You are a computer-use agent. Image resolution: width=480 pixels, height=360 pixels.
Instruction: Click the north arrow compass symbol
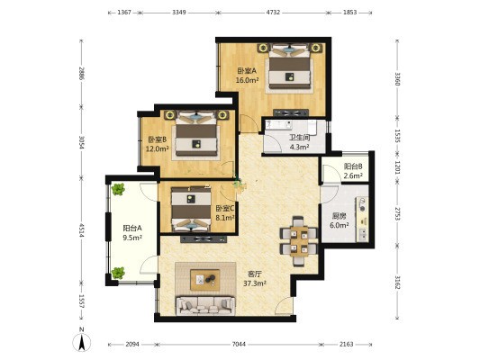click(81, 342)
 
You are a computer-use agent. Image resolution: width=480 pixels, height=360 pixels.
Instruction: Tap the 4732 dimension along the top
click(273, 13)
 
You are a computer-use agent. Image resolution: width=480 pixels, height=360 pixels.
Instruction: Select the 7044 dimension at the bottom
click(239, 344)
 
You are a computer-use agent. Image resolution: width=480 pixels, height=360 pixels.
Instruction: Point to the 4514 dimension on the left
click(81, 229)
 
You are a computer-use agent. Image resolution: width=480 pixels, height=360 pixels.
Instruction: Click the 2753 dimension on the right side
click(397, 213)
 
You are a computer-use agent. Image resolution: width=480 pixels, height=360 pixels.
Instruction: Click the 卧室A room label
click(247, 71)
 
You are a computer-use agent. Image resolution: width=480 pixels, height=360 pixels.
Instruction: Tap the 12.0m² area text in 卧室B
click(158, 149)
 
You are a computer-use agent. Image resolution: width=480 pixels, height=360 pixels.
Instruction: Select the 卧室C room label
click(225, 209)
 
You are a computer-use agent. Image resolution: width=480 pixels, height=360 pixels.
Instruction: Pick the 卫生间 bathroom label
click(299, 138)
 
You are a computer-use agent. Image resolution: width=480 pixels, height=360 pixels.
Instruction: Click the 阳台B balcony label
click(353, 166)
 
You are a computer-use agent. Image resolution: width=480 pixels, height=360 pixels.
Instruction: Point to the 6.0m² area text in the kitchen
click(340, 225)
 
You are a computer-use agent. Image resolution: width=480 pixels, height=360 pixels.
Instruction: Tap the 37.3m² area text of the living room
click(254, 283)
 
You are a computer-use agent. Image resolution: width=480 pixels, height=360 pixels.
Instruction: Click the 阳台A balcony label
click(132, 229)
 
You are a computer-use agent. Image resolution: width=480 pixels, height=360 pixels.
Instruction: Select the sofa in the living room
click(205, 305)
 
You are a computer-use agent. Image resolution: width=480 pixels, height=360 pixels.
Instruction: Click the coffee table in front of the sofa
click(205, 280)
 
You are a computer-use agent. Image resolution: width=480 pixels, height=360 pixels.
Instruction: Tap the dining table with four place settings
click(299, 241)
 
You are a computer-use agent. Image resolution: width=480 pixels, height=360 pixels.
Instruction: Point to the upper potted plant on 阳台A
click(118, 189)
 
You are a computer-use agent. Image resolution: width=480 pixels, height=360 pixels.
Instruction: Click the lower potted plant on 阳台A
click(118, 273)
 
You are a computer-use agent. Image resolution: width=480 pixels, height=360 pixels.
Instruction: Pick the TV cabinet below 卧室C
click(204, 239)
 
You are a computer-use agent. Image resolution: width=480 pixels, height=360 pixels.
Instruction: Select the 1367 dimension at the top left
click(124, 13)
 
